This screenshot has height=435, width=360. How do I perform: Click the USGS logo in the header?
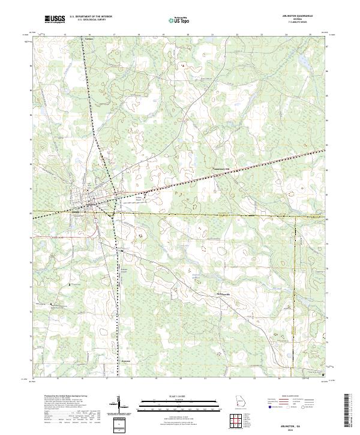[x=55, y=20]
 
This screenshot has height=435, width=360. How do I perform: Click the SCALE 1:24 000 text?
[x=179, y=396]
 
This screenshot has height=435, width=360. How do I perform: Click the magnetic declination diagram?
[x=122, y=406]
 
